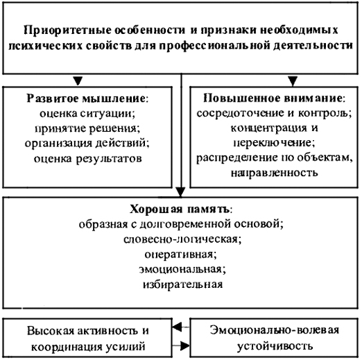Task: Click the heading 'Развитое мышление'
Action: click(x=86, y=98)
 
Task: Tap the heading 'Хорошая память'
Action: click(x=180, y=209)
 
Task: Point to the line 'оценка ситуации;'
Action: click(x=87, y=114)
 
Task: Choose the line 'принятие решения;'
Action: click(x=87, y=128)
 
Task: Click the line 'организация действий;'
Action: click(x=87, y=144)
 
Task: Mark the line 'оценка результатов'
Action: click(x=88, y=159)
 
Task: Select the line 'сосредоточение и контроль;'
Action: click(x=275, y=113)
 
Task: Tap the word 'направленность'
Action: click(x=275, y=173)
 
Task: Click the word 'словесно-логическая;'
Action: click(x=182, y=239)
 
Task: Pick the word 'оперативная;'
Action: click(x=181, y=255)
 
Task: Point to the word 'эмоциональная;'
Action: click(x=182, y=269)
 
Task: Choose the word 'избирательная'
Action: click(x=183, y=284)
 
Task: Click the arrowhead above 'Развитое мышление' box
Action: click(x=78, y=80)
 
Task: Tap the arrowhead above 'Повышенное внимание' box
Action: click(x=293, y=81)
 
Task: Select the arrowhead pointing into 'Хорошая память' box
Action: click(x=180, y=192)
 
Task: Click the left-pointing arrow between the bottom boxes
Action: click(x=181, y=327)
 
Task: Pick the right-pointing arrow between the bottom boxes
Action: click(x=181, y=345)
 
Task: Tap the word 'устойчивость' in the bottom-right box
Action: click(x=275, y=346)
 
